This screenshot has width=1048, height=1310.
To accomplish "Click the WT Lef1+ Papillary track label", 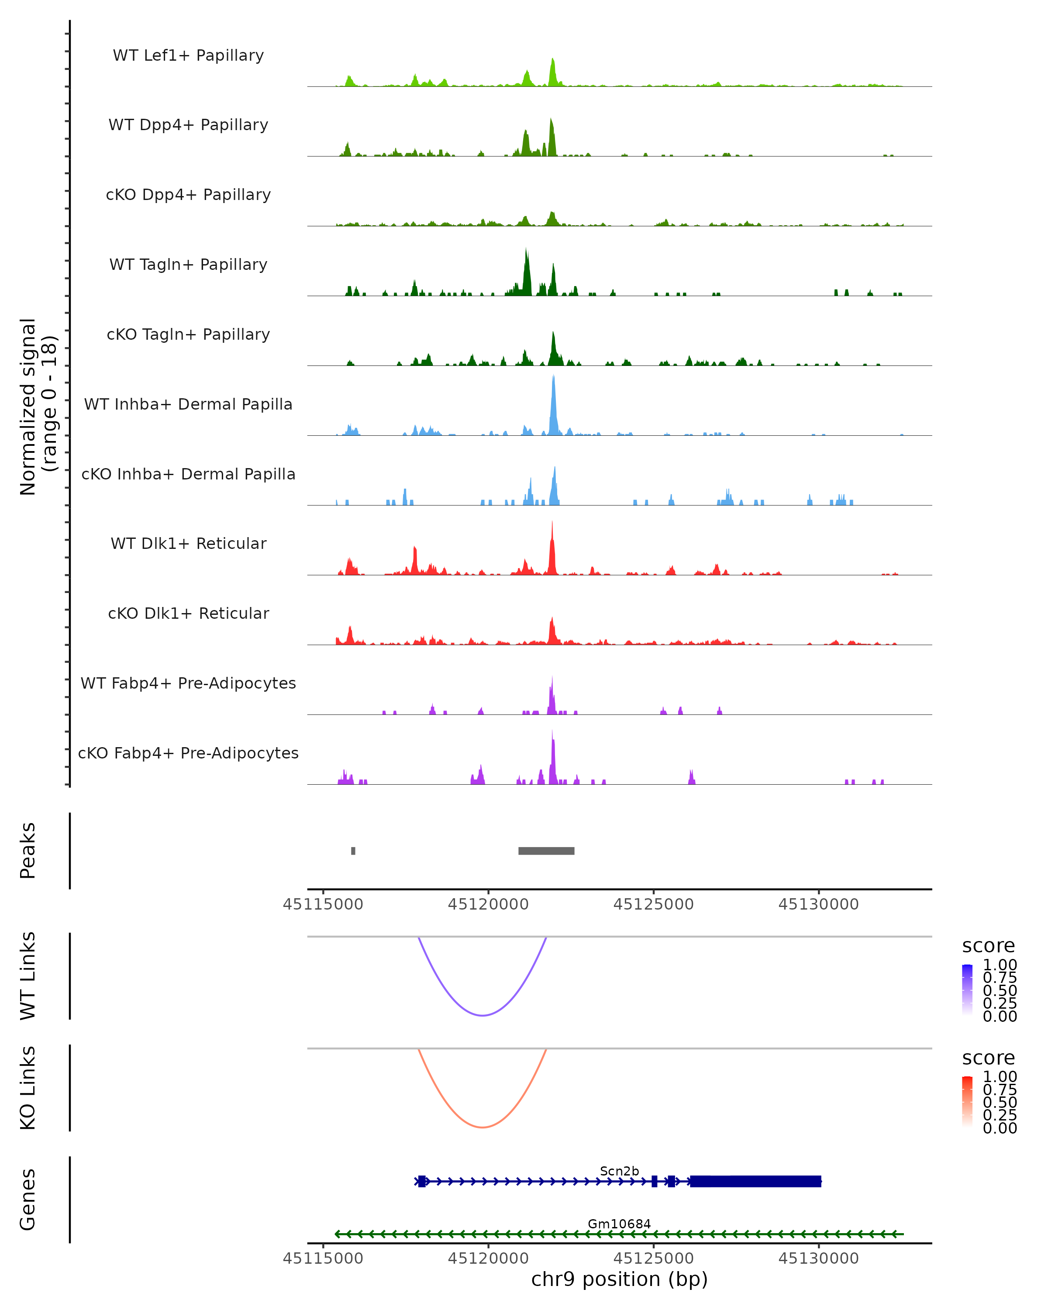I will [x=188, y=55].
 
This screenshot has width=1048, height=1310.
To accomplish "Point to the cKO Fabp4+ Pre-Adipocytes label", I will [x=188, y=753].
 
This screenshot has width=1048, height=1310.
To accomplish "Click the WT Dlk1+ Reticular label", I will [x=188, y=543].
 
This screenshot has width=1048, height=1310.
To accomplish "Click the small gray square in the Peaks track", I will [x=353, y=851].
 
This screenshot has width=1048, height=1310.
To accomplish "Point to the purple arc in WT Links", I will [x=483, y=1015].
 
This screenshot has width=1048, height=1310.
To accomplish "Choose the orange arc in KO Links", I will [x=483, y=1127].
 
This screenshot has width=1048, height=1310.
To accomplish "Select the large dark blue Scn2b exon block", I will [x=755, y=1181].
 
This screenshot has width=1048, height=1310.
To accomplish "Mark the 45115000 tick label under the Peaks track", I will [x=323, y=904].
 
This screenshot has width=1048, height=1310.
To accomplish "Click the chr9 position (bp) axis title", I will [x=619, y=1279].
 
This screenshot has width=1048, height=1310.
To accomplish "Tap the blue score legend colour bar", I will [x=967, y=989].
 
